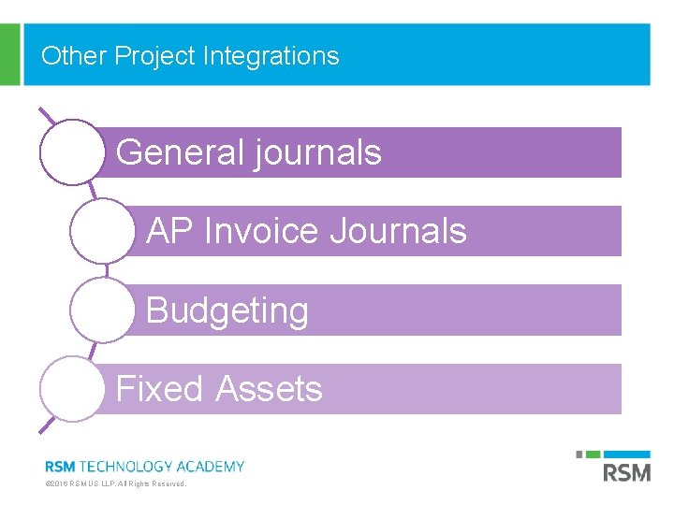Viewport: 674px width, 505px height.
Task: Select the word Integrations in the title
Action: point(271,56)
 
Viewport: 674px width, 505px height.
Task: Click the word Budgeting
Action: point(227,310)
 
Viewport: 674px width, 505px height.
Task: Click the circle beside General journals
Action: point(71,152)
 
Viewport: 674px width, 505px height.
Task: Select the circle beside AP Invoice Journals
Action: point(102,231)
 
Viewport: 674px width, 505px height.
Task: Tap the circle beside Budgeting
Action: point(102,310)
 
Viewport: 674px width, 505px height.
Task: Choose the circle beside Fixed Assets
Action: point(71,388)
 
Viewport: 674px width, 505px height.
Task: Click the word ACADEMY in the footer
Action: point(209,466)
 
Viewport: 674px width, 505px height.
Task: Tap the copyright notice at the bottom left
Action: point(116,484)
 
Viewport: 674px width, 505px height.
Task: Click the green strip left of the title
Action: point(9,54)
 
